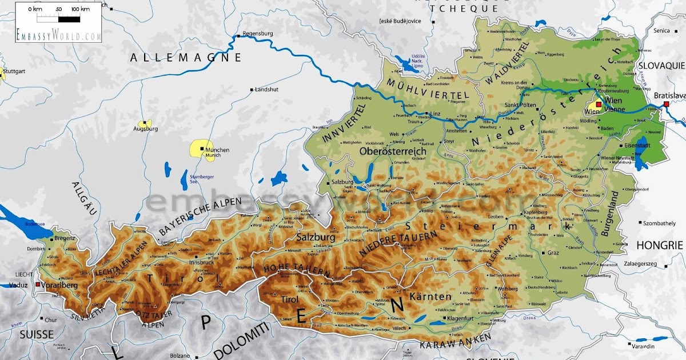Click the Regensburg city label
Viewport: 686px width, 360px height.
point(259,34)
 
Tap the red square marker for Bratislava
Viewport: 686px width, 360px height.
point(666,103)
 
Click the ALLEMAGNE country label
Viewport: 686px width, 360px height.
point(186,57)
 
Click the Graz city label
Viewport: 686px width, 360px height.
point(553,252)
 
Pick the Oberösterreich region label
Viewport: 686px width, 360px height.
point(394,151)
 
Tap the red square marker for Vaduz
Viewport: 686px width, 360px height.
point(38,284)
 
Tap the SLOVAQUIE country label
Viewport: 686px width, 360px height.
point(661,66)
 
